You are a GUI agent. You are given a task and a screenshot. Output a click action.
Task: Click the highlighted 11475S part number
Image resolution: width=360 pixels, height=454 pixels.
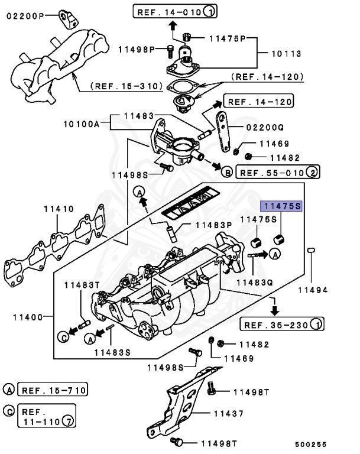point(282,206)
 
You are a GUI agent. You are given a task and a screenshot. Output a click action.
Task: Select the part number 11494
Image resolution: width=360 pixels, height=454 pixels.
point(312,290)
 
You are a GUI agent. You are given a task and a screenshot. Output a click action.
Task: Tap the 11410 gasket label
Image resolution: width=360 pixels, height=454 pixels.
point(58,209)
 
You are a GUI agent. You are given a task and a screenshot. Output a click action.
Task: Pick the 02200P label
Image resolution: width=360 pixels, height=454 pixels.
point(25,16)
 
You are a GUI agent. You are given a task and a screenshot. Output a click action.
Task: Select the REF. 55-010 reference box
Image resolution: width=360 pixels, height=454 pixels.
point(277,172)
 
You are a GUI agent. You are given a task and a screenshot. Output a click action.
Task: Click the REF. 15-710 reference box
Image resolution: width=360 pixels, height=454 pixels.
point(53,390)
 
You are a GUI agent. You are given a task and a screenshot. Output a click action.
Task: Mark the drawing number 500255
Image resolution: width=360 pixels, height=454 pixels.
point(311,444)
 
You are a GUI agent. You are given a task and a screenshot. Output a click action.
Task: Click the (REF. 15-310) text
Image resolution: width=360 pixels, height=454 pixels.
point(127,86)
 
